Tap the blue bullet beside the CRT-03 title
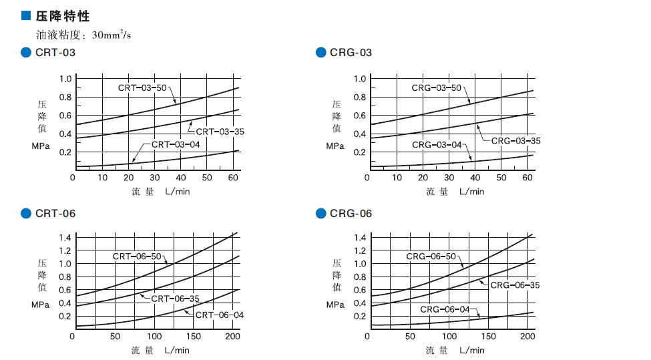[x=26, y=53]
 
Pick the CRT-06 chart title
[x=55, y=214]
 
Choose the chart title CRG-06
[x=351, y=214]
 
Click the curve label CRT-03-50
[x=142, y=87]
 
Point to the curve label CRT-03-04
[x=176, y=144]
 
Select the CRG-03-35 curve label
[x=515, y=141]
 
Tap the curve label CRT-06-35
[x=175, y=299]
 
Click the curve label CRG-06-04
[x=445, y=309]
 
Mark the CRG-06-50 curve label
[x=431, y=256]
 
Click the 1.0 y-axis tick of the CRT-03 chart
[x=65, y=79]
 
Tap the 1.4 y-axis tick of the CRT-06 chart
[x=65, y=238]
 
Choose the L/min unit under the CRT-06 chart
[x=177, y=350]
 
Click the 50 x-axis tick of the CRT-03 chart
[x=207, y=178]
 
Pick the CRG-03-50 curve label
[x=437, y=87]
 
